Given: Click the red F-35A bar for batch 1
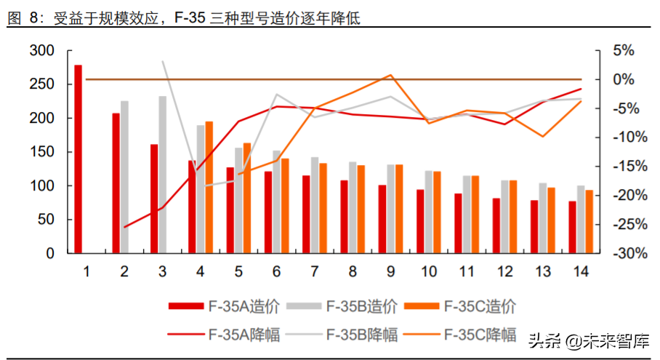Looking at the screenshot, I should click(x=79, y=159).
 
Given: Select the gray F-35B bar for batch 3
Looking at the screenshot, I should click(x=163, y=175).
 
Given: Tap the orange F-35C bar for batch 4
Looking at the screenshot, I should click(x=209, y=187).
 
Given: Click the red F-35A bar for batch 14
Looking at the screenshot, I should click(x=572, y=227).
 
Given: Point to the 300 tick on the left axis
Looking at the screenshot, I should click(x=42, y=50).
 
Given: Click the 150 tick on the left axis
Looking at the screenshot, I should click(x=42, y=152).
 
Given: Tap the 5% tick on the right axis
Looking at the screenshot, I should click(x=624, y=50).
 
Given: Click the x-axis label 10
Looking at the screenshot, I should click(x=428, y=272).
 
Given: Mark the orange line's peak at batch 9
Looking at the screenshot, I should click(x=390, y=75).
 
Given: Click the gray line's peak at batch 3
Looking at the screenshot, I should click(x=163, y=61).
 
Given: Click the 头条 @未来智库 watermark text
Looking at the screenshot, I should click(x=589, y=340).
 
